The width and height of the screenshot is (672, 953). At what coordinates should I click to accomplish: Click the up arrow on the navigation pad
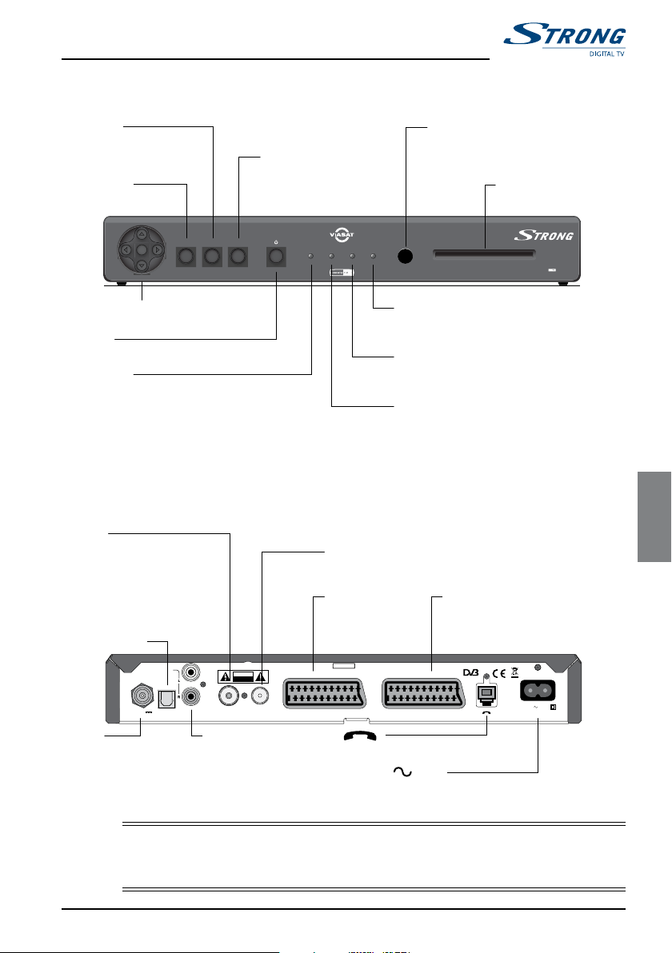coord(141,235)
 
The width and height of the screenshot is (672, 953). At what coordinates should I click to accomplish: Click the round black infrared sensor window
coord(406,257)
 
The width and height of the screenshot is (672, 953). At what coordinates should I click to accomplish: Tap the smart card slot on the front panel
coord(484,256)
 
